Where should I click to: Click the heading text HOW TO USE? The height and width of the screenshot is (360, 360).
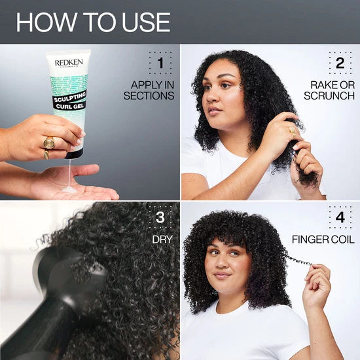93,22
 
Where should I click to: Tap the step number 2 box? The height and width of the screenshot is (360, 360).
340,63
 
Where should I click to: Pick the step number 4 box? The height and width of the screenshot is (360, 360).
340,217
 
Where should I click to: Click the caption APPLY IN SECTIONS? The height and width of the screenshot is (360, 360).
149,90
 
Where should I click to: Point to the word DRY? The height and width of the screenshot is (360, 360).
162,240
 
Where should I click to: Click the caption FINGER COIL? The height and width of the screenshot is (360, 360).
323,240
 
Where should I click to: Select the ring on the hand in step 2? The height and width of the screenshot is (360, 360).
293,129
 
